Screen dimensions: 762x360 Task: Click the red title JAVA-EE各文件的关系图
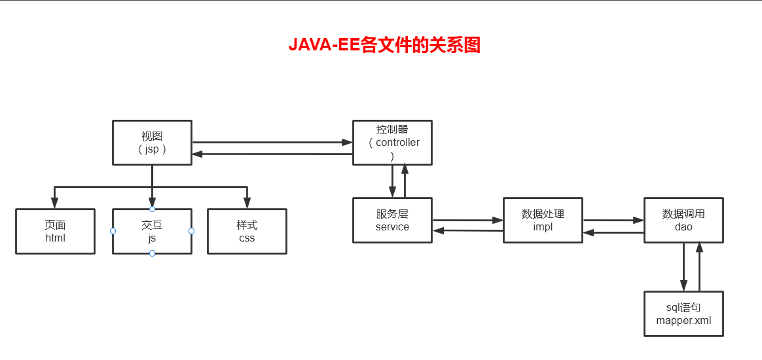tap(384, 45)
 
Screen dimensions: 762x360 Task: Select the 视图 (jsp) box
tap(152, 143)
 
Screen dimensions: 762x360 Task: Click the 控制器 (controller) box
tap(392, 143)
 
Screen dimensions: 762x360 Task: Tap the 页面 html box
tap(55, 231)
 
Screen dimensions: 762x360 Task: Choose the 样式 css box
tap(247, 231)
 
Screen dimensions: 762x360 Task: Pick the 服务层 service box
tap(392, 220)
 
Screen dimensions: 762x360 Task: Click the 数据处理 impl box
tap(543, 220)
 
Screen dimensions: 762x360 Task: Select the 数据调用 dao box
tap(683, 220)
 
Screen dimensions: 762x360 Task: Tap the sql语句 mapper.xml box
tap(683, 314)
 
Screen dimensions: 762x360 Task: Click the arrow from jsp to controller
tap(272, 142)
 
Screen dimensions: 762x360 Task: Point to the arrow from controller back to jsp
tap(272, 154)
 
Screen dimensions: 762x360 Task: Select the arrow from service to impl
tap(467, 220)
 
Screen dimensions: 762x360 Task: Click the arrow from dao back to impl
tap(613, 233)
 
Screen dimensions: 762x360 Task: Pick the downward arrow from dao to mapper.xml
tap(683, 266)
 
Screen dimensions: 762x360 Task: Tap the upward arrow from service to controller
tap(405, 181)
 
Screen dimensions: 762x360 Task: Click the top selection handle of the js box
tap(152, 209)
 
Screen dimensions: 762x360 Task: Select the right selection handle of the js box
tap(191, 231)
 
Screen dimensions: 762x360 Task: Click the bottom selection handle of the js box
tap(152, 253)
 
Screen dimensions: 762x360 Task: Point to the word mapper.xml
tap(683, 320)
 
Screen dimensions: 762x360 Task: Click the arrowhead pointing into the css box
tap(247, 204)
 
